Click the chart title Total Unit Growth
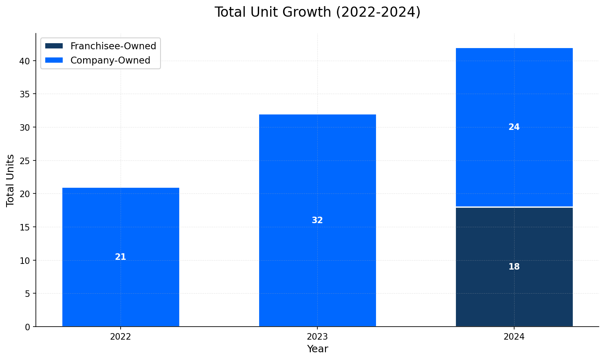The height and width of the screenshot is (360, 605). click(317, 12)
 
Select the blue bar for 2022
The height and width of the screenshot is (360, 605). click(121, 220)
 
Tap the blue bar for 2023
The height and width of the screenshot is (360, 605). click(317, 171)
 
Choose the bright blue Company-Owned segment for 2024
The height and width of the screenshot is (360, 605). click(514, 163)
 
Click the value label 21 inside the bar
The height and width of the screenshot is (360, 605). click(121, 257)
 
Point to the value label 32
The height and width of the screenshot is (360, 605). click(317, 220)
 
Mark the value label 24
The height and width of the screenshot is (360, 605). click(514, 127)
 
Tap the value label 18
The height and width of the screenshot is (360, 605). click(514, 267)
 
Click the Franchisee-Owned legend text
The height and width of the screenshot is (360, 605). click(113, 46)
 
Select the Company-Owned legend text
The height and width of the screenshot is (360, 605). click(110, 60)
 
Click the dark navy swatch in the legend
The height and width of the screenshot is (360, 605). click(54, 46)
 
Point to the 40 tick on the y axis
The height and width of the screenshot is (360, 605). click(25, 61)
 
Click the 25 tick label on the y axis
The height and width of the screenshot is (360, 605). click(25, 161)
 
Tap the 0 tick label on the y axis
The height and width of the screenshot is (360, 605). click(28, 327)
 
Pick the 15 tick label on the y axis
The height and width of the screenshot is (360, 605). click(25, 227)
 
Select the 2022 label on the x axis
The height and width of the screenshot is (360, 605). click(121, 337)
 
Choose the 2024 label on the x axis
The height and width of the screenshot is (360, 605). click(514, 337)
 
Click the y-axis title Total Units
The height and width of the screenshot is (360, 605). click(11, 180)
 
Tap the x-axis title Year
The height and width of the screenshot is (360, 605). click(317, 349)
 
